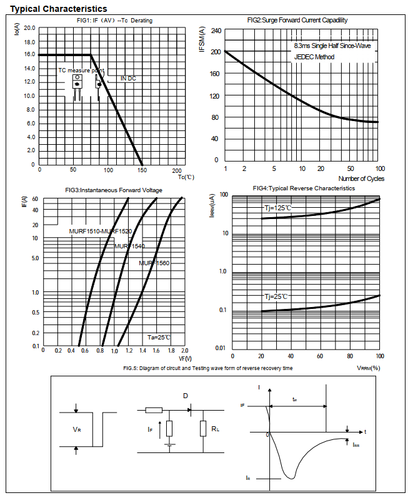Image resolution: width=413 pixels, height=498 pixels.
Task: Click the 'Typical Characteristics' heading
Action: pos(59,9)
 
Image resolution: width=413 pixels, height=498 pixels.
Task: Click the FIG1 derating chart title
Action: pos(111,21)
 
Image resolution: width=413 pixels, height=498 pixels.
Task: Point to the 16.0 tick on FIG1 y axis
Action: pos(29,55)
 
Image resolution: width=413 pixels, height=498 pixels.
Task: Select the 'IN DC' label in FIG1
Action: pos(127,79)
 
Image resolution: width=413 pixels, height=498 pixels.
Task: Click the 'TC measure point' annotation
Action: pos(81,71)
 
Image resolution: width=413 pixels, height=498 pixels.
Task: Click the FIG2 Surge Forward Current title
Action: pos(297,20)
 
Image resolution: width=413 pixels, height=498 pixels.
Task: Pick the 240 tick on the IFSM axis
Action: pos(216,31)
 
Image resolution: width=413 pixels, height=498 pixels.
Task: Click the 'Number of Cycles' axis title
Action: pos(361,178)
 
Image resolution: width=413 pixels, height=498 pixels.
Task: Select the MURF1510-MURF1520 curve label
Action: pos(101,232)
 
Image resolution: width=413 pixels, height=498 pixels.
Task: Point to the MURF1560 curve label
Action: pos(154,263)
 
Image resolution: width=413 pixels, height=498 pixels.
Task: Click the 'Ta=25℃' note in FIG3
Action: pos(159,337)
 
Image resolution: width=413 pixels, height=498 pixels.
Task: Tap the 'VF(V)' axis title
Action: pos(185,359)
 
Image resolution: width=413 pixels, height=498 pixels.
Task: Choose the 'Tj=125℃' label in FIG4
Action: pos(277,208)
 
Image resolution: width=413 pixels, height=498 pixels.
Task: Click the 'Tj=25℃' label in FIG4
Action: pos(276,296)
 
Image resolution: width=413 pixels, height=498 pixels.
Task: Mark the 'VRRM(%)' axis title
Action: pos(369,368)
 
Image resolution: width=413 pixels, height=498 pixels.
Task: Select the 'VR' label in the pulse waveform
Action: pos(77,429)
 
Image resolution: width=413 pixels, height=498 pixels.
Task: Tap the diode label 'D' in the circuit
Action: pos(185,396)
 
